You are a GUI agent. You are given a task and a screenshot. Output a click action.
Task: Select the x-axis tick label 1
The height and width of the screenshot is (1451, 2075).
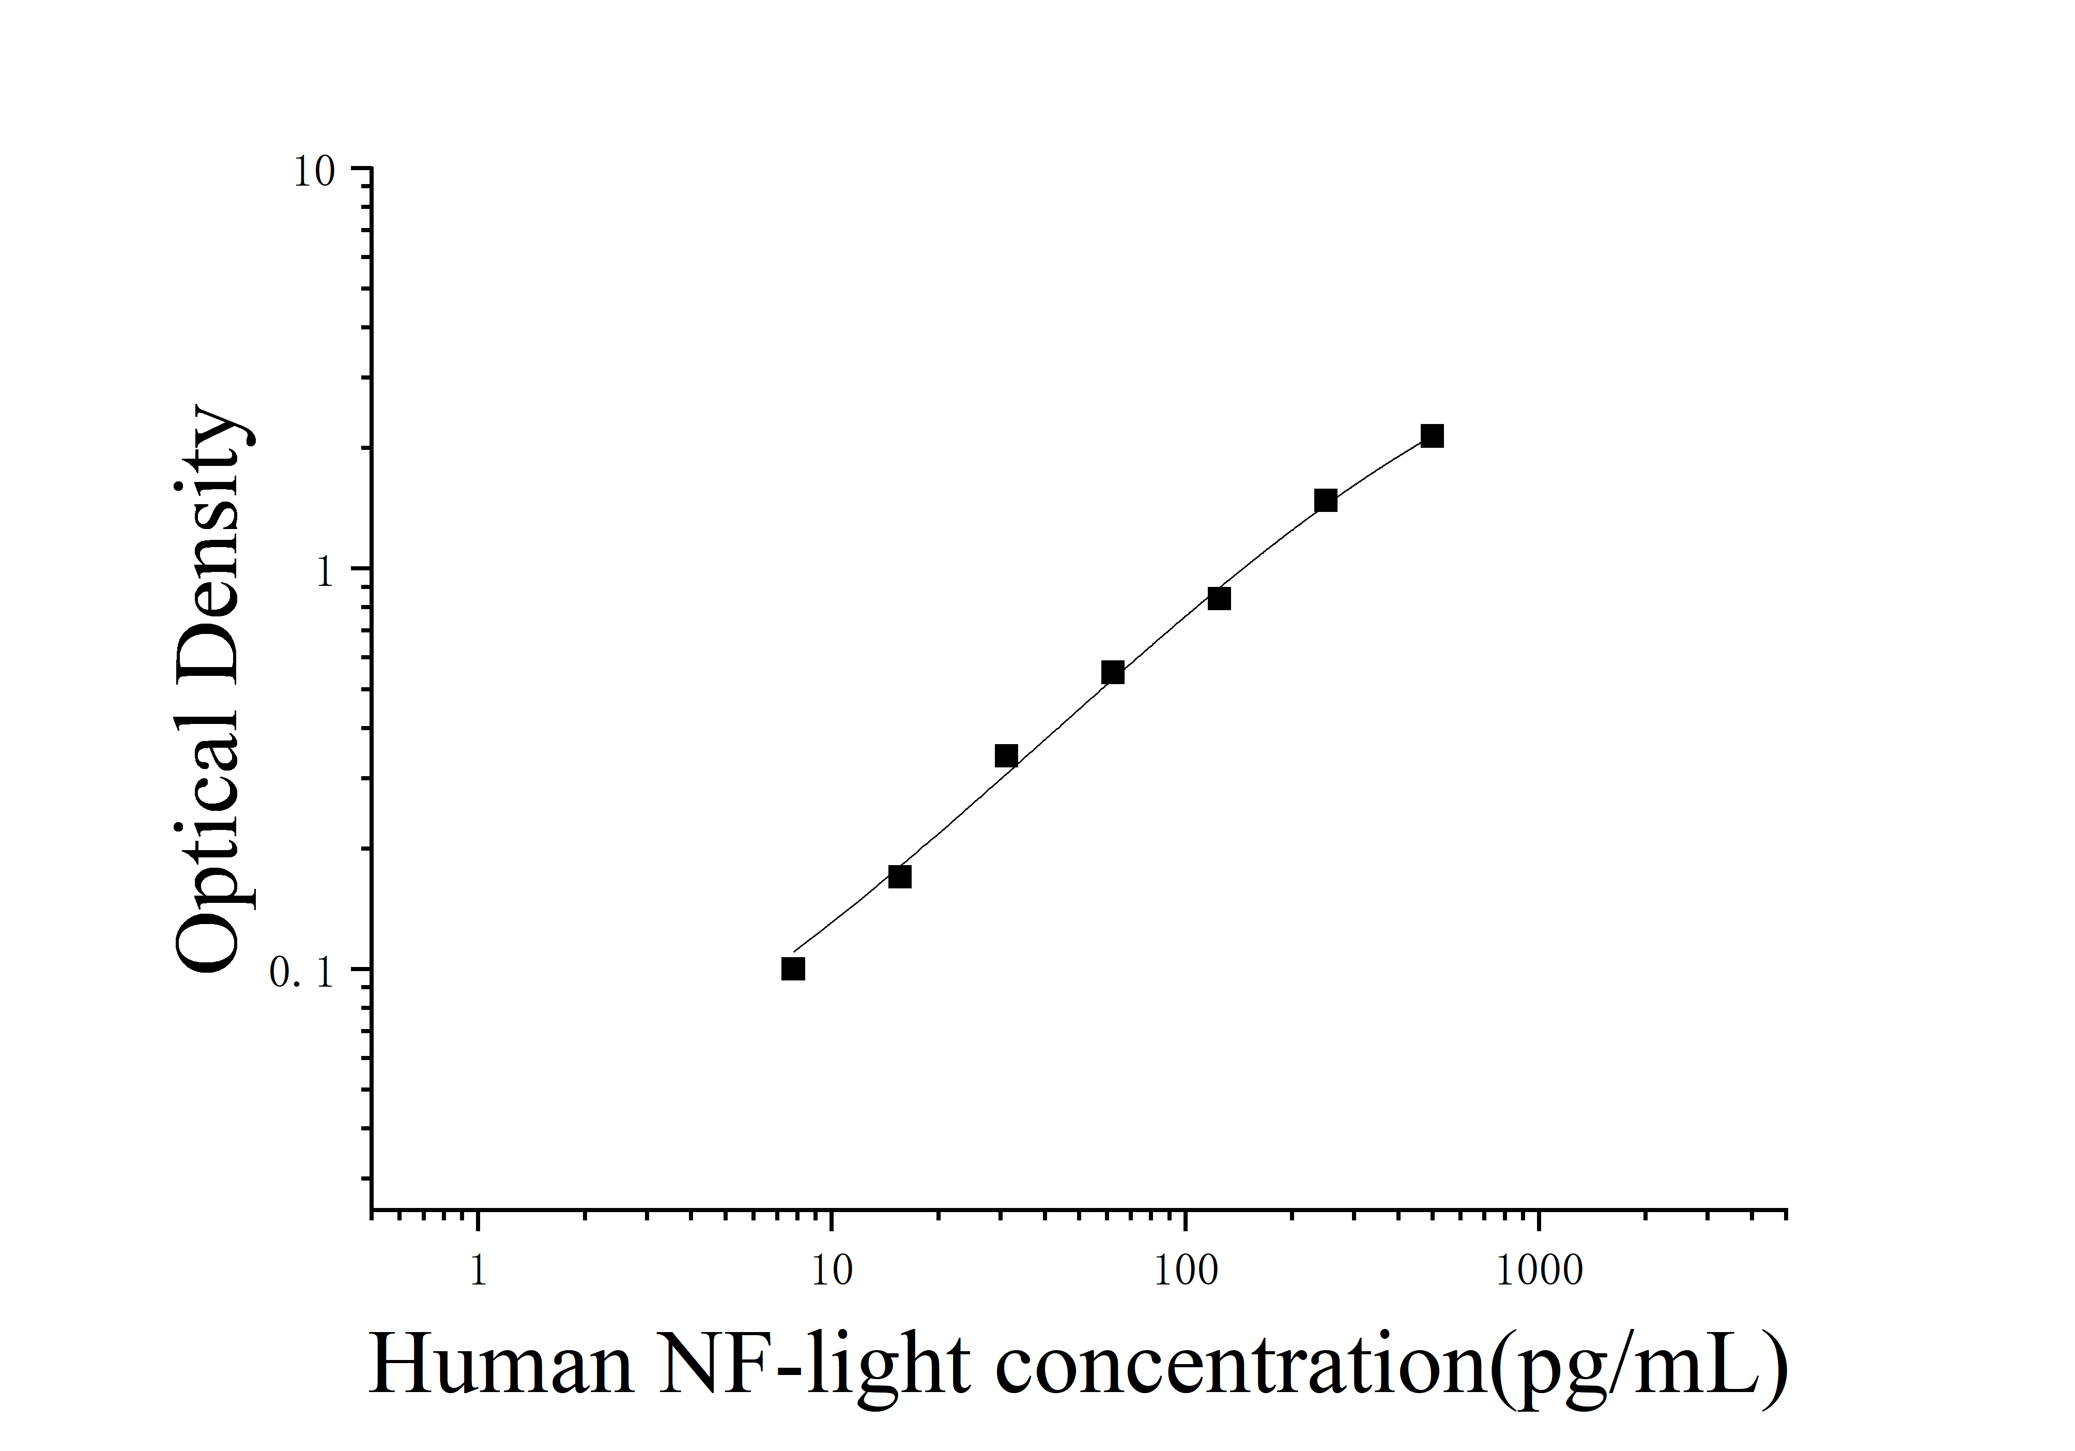(x=478, y=1271)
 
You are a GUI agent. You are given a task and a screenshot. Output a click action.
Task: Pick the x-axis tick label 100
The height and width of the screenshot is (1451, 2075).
(x=1185, y=1271)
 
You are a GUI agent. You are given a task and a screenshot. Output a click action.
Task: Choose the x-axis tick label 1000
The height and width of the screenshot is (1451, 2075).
(x=1539, y=1271)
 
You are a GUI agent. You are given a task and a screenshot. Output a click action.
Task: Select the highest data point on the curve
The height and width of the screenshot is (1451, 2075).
(x=1432, y=436)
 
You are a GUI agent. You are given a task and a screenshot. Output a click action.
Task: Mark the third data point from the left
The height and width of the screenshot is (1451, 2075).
(x=1006, y=756)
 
